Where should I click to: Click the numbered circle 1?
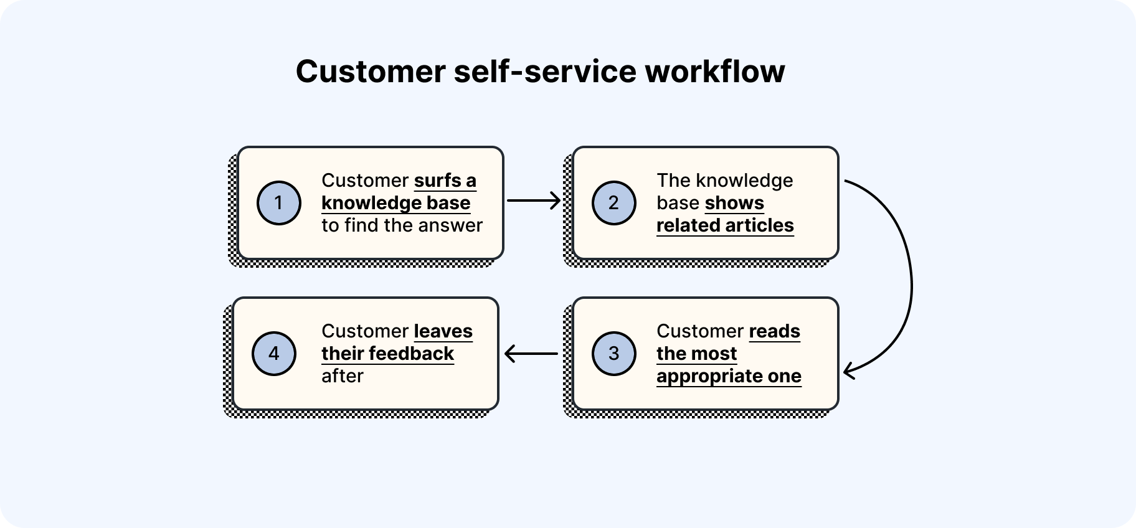coord(278,203)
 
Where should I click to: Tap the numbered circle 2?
coord(613,203)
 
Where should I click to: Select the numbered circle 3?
coord(613,354)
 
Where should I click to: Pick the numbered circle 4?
coord(273,354)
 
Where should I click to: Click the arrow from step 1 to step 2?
coord(534,200)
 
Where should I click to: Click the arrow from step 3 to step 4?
coord(531,354)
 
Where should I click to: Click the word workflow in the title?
coord(714,71)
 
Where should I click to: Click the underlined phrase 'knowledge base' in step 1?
coord(395,203)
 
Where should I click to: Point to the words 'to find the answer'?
coord(402,225)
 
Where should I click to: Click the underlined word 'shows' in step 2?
coord(734,203)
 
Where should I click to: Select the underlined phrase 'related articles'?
coord(725,225)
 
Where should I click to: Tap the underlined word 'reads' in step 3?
coord(774,331)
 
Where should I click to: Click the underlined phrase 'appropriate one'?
coord(729,376)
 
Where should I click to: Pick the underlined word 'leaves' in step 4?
coord(443,331)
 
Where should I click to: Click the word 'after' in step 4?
coord(342,376)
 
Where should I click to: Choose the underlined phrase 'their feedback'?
coord(387,354)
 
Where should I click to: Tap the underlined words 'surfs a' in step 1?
coord(445,181)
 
